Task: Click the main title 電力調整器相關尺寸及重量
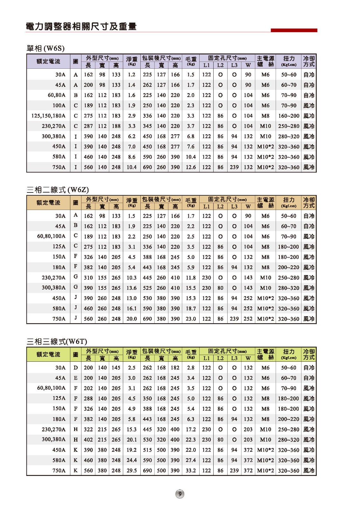click(81, 27)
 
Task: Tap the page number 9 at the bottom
click(180, 494)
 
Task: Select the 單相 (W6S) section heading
click(46, 48)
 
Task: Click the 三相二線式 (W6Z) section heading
click(58, 190)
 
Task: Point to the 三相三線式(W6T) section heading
click(57, 341)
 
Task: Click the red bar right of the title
click(294, 30)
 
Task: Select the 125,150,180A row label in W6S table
click(48, 116)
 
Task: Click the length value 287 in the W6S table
click(88, 126)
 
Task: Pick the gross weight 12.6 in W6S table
click(191, 167)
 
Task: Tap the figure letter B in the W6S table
click(75, 95)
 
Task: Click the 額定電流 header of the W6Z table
click(48, 203)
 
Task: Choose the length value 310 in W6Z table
click(88, 278)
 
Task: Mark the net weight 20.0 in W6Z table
click(131, 319)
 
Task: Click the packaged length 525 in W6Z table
click(147, 288)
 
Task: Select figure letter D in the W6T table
click(75, 368)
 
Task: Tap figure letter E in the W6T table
click(75, 378)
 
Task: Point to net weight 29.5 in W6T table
click(131, 471)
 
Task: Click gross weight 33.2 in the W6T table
click(191, 471)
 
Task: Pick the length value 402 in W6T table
click(88, 440)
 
